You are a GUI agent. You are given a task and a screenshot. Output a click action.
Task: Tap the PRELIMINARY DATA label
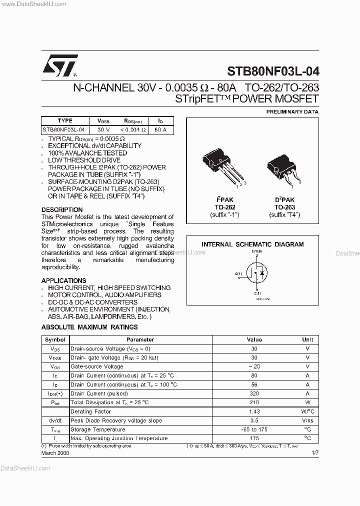click(292, 112)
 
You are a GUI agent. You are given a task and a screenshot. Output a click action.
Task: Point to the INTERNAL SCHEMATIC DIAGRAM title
click(252, 244)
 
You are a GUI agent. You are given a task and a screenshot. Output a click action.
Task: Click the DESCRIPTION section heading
click(62, 209)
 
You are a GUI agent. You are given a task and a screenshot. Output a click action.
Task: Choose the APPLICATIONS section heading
click(63, 280)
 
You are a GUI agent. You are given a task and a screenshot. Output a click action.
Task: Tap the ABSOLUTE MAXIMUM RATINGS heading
click(89, 327)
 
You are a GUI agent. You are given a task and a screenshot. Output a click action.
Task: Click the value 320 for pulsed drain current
click(254, 393)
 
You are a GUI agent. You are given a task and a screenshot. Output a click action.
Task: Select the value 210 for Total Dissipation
click(254, 402)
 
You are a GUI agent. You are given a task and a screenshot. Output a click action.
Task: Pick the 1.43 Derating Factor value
click(254, 411)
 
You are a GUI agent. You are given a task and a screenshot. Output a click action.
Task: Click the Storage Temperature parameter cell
click(98, 429)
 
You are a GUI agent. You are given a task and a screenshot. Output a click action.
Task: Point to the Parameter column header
click(140, 339)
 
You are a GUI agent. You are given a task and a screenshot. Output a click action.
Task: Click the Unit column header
click(307, 339)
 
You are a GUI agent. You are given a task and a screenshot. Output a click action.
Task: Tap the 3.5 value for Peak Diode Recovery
click(254, 420)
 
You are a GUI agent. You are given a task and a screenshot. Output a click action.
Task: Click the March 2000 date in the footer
click(55, 452)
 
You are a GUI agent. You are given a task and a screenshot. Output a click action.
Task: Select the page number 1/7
click(314, 452)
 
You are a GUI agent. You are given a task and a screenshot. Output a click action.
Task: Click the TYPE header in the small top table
click(65, 120)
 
